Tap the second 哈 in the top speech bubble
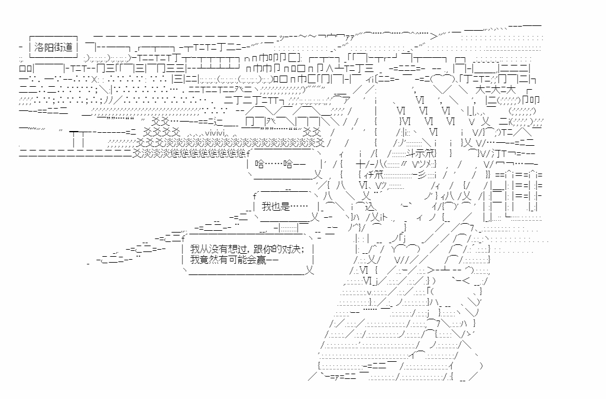point(288,164)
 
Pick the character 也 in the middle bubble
point(276,207)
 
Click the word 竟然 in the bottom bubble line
point(210,260)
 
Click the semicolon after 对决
point(303,249)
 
